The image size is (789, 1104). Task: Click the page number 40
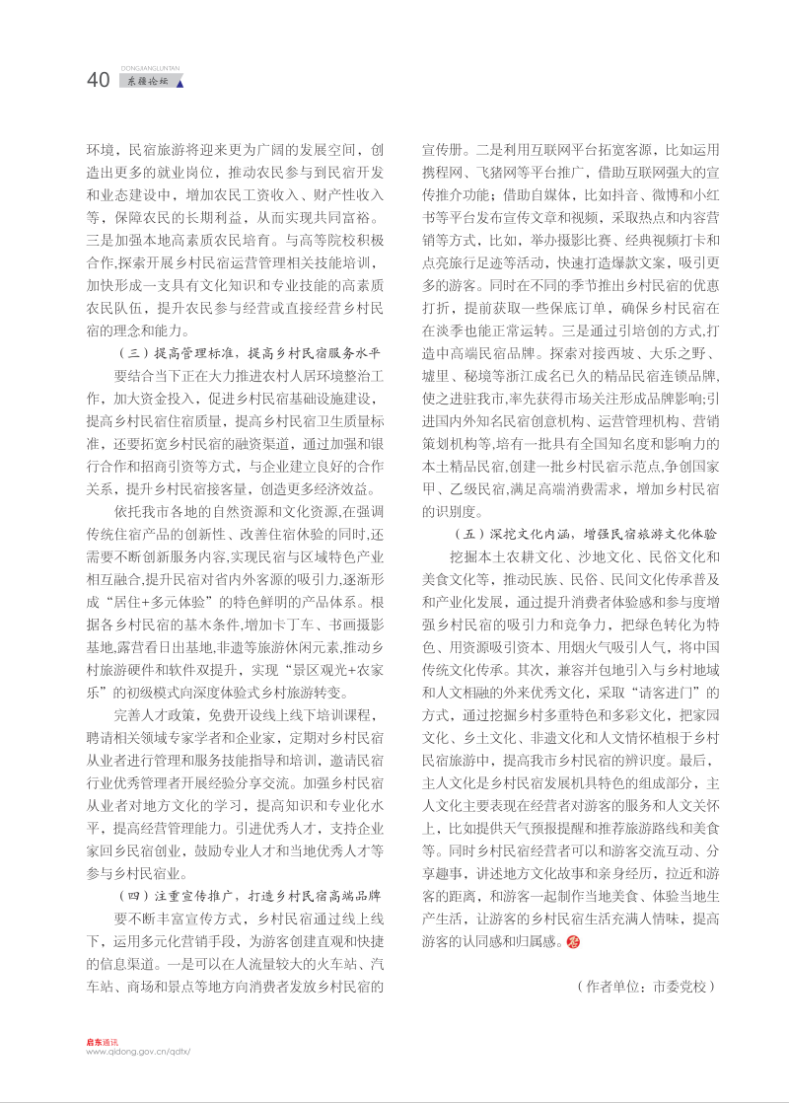98,81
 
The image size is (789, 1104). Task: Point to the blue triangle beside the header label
179,84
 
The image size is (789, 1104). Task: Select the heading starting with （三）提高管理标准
249,352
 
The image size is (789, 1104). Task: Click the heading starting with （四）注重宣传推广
249,895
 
